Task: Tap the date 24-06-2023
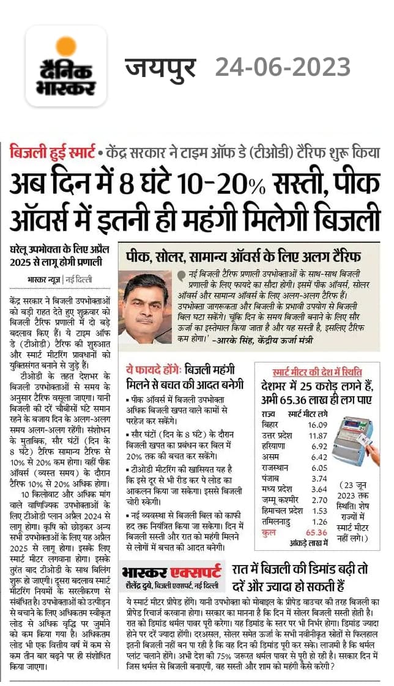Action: (283, 67)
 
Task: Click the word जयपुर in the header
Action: (161, 67)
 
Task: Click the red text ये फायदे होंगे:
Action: (149, 371)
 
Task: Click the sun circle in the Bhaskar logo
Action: (65, 47)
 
